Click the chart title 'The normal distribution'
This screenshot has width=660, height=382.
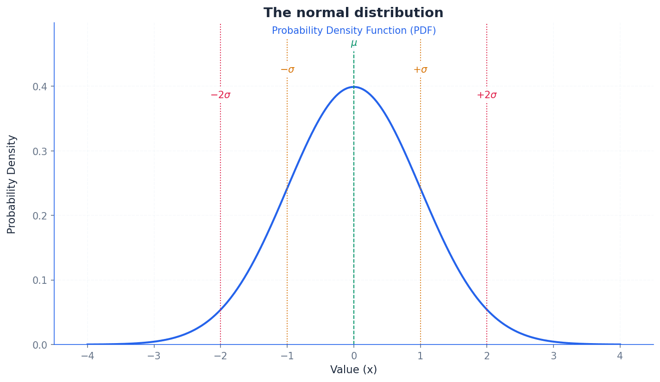pyautogui.click(x=353, y=13)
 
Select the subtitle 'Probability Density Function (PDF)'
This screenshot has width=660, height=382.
pyautogui.click(x=353, y=31)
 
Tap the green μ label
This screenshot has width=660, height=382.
pyautogui.click(x=354, y=44)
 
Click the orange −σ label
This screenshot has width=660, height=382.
pyautogui.click(x=287, y=70)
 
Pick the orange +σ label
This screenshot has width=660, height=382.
pyautogui.click(x=420, y=70)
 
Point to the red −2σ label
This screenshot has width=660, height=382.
pyautogui.click(x=220, y=95)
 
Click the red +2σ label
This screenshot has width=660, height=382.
pyautogui.click(x=487, y=95)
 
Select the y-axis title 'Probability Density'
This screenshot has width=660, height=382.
pyautogui.click(x=12, y=184)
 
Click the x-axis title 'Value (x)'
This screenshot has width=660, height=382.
pyautogui.click(x=353, y=370)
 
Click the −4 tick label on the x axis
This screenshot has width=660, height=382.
pyautogui.click(x=87, y=356)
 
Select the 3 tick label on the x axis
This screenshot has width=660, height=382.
pyautogui.click(x=553, y=356)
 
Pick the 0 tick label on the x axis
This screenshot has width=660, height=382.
pyautogui.click(x=354, y=356)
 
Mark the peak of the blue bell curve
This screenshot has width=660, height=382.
pyautogui.click(x=354, y=87)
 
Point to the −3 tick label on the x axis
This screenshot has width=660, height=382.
pyautogui.click(x=154, y=356)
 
